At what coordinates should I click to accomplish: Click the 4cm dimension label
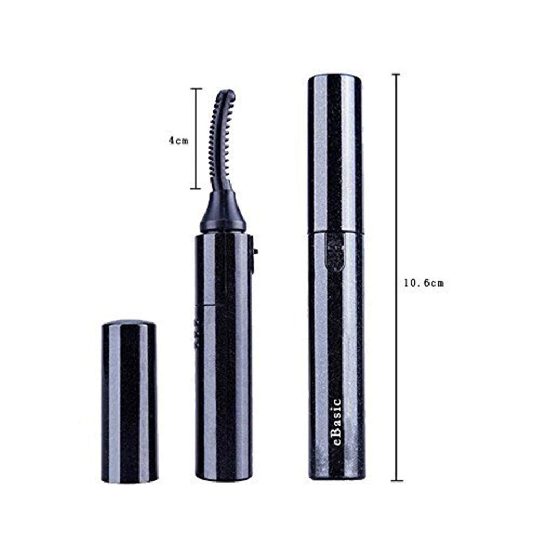[x=177, y=140]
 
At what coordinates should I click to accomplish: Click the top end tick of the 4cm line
[x=196, y=89]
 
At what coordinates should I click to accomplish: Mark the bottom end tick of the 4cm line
[x=196, y=189]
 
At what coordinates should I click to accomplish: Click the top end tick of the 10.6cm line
[x=397, y=74]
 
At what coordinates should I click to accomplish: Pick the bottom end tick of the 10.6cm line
[x=397, y=480]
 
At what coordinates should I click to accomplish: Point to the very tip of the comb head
[x=229, y=94]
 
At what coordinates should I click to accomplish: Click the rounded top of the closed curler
[x=335, y=79]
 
